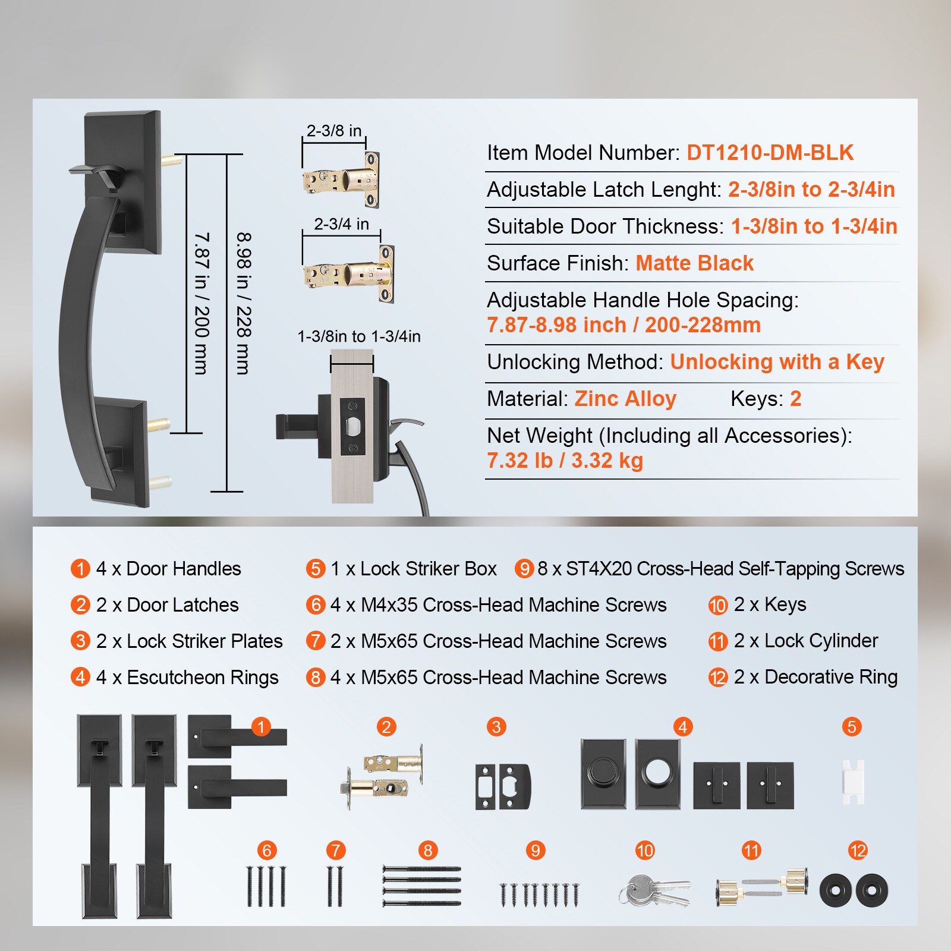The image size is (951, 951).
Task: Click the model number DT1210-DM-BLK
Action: [x=770, y=153]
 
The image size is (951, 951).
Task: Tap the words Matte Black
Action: [x=694, y=263]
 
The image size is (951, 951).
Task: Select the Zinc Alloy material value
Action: [x=625, y=399]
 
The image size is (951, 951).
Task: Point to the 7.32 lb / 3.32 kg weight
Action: [x=565, y=461]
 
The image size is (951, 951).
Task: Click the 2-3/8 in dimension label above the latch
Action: [x=334, y=131]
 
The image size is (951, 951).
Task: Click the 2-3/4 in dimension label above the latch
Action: [x=341, y=224]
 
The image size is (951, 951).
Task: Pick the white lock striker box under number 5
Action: [x=853, y=782]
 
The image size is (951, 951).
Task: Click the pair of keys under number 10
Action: [x=654, y=890]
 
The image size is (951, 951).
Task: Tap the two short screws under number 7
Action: [x=335, y=886]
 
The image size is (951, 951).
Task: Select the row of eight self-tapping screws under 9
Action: [x=539, y=895]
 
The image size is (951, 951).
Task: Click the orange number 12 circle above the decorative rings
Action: [x=858, y=851]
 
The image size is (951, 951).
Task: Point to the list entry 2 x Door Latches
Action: [x=167, y=605]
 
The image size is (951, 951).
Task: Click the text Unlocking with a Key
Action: [x=777, y=362]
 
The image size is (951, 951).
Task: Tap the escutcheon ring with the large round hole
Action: [x=657, y=773]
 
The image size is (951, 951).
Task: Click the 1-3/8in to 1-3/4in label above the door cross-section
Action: [x=359, y=336]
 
